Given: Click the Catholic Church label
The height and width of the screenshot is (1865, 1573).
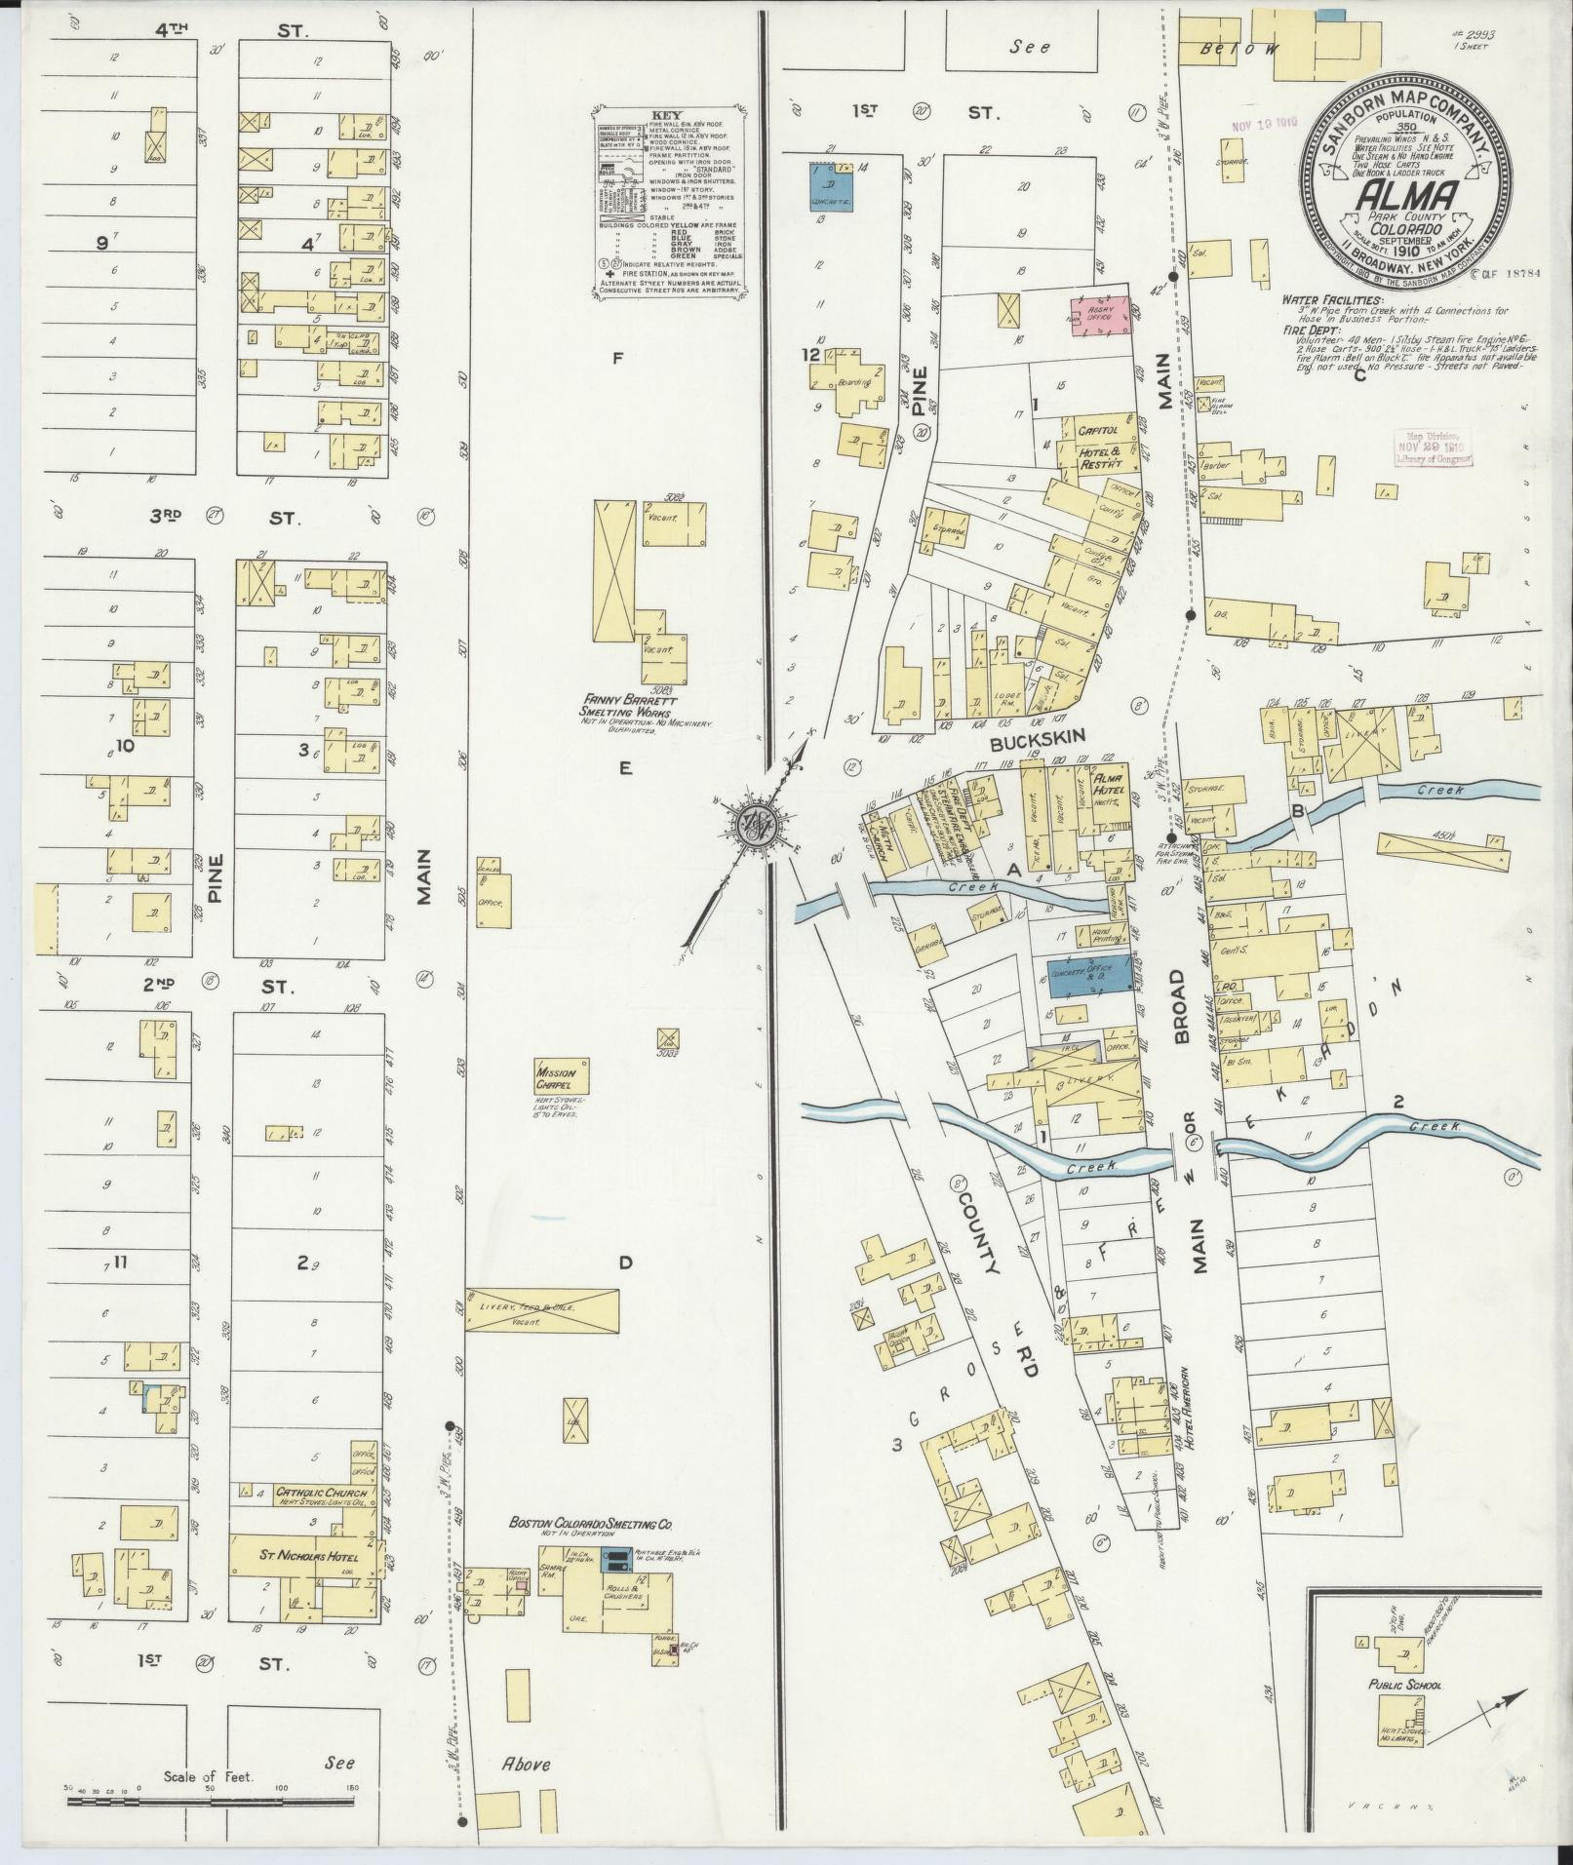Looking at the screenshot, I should coord(321,1520).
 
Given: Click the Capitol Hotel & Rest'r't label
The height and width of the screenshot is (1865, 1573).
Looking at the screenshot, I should coord(1103,441).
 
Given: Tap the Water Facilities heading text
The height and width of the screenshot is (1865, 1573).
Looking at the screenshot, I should coord(1333,299).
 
